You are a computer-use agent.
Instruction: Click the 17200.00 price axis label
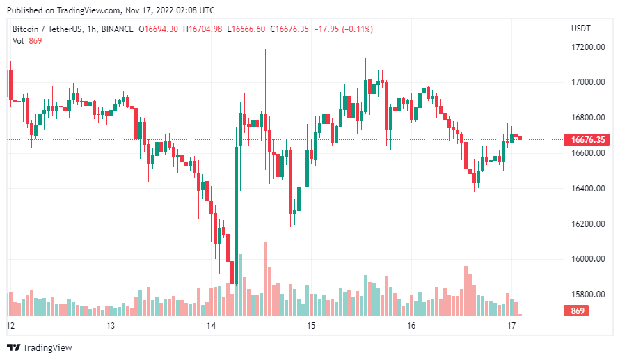pos(586,47)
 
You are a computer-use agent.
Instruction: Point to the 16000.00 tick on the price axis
pos(586,259)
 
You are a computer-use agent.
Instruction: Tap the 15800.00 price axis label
pos(586,295)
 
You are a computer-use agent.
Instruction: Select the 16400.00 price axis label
pos(586,189)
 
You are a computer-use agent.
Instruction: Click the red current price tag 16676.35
pos(586,140)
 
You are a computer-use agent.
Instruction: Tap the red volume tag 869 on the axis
pos(577,311)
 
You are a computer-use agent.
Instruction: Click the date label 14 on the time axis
pos(212,326)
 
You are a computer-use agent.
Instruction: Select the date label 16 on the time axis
pos(411,326)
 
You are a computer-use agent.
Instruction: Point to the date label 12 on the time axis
pos(10,326)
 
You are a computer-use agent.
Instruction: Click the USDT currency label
pos(580,29)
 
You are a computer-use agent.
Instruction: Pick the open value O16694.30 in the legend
pos(159,29)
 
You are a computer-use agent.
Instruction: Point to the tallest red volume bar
pos(265,279)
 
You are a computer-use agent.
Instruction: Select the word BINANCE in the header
pos(117,29)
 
